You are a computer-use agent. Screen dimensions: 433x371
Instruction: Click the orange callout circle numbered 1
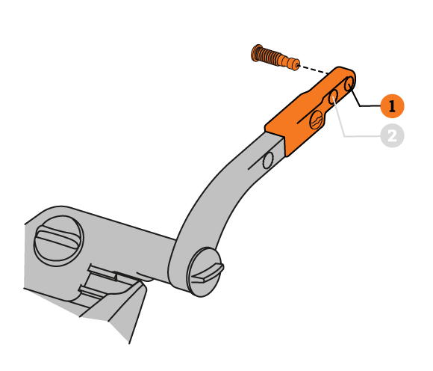[392, 106]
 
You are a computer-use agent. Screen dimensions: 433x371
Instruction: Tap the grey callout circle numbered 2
[392, 136]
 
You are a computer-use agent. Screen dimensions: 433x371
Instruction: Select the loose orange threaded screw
[275, 58]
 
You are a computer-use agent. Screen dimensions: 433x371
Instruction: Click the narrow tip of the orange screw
[296, 66]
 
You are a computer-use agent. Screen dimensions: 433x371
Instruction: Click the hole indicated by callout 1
[349, 84]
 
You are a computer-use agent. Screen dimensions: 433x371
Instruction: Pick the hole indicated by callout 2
[333, 96]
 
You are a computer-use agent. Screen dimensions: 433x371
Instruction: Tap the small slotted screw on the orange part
[317, 120]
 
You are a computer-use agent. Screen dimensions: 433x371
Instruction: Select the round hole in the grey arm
[267, 160]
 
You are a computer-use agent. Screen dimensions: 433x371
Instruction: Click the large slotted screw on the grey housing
[58, 241]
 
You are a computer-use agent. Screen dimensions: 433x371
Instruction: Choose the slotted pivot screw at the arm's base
[206, 272]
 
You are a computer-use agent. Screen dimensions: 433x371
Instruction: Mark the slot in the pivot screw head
[208, 273]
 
